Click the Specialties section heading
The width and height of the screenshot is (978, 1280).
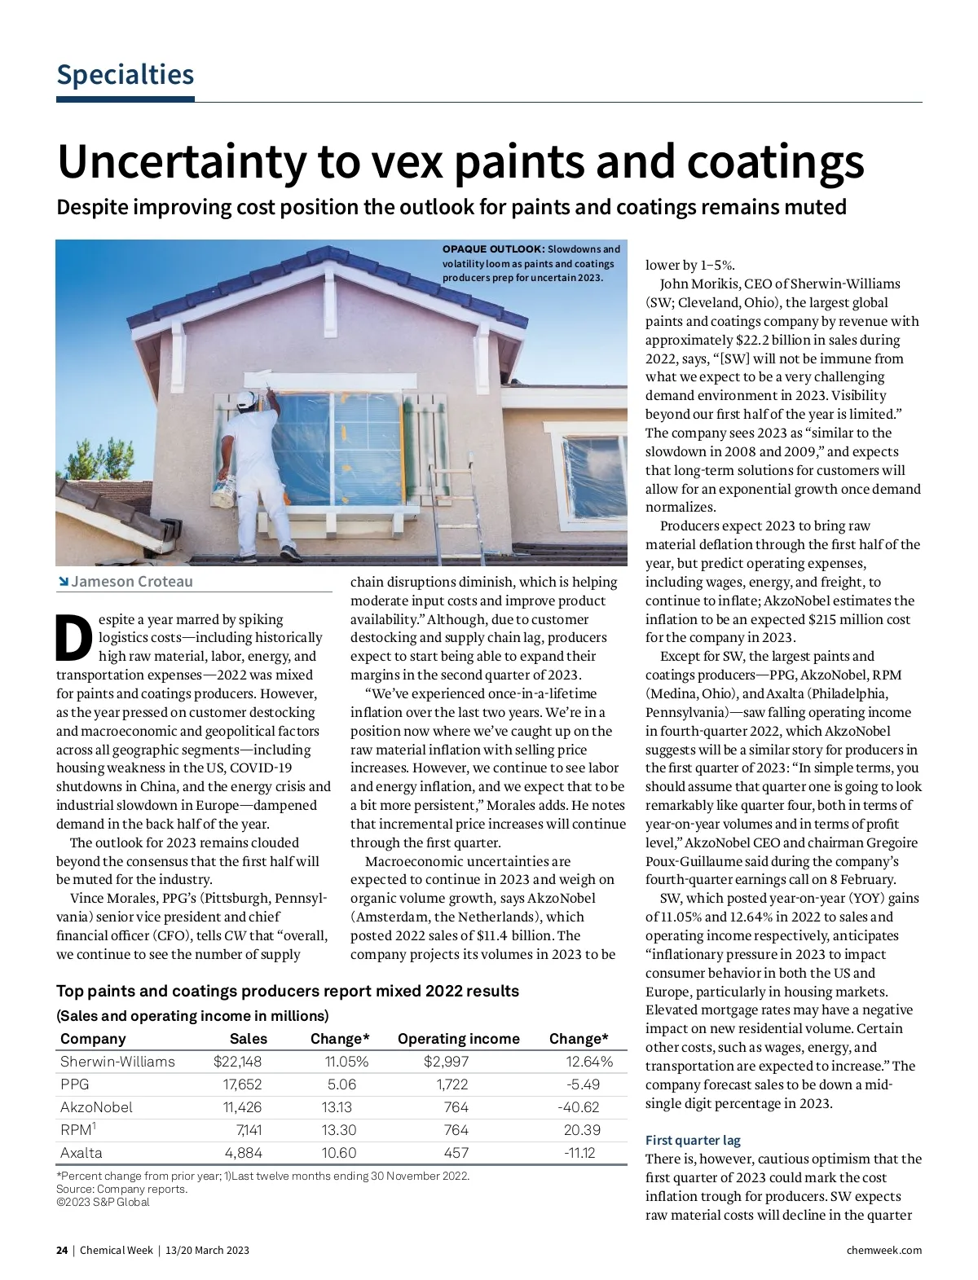pos(125,75)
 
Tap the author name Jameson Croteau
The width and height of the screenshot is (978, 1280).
pos(131,582)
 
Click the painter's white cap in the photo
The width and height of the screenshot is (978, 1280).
pos(244,398)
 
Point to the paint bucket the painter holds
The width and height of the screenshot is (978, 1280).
pos(221,490)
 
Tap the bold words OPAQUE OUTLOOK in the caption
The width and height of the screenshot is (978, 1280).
pos(493,249)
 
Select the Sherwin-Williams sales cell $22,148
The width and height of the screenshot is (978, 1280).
pos(237,1062)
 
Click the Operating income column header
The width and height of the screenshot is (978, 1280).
pos(458,1039)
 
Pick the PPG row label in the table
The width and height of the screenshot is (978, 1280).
pos(75,1084)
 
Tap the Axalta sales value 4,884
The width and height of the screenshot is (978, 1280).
pos(243,1153)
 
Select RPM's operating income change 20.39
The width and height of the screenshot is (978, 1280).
pos(582,1130)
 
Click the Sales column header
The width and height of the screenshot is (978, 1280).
pos(249,1039)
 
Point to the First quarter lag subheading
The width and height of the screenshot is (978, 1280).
pos(693,1140)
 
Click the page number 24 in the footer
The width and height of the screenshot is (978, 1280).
pos(62,1250)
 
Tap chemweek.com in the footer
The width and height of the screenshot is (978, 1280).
pos(884,1250)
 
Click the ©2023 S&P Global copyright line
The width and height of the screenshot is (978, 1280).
pos(103,1202)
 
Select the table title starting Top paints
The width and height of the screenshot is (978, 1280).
pos(287,992)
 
